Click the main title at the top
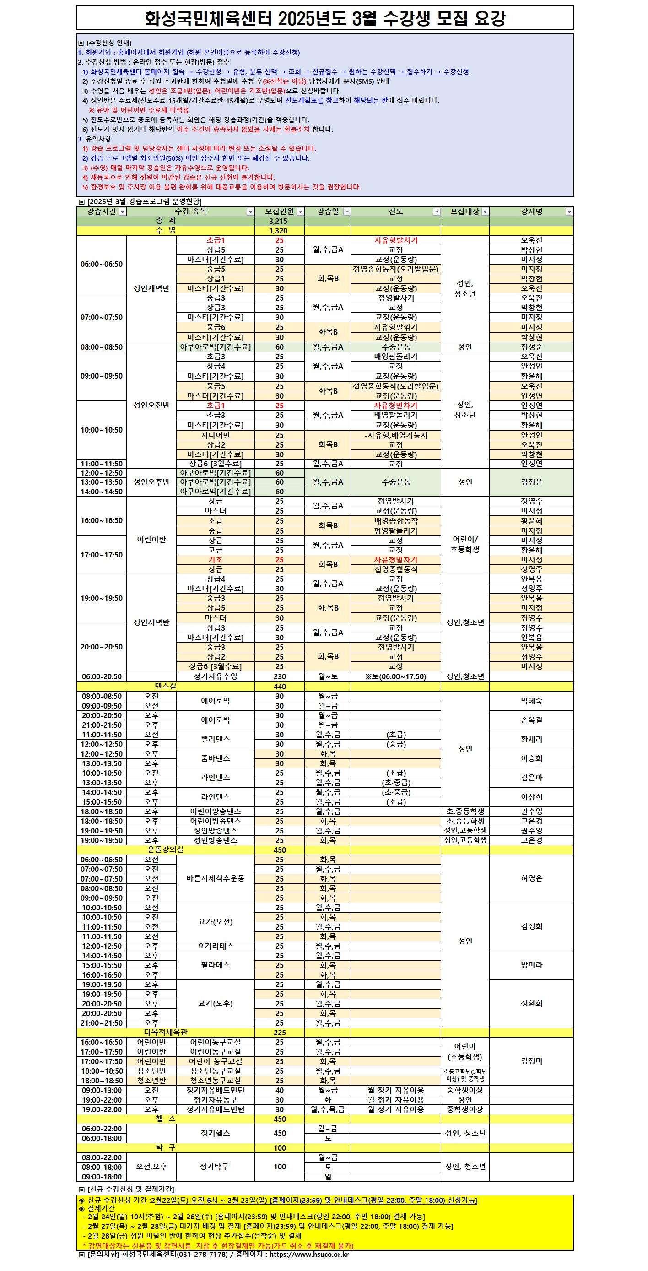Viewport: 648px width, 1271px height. pos(324,18)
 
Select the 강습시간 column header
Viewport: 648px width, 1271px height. pos(101,211)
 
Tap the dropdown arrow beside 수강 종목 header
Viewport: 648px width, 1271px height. pos(250,211)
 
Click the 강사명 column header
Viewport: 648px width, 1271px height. pos(531,211)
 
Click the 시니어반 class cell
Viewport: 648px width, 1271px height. pos(216,435)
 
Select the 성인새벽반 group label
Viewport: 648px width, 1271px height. pos(151,288)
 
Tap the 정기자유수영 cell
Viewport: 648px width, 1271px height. pos(216,676)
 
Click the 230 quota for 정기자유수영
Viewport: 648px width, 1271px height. pos(280,676)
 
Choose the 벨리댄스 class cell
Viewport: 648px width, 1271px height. pos(216,739)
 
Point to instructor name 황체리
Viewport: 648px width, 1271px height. pos(531,739)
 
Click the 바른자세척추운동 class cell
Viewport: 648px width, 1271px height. pos(216,878)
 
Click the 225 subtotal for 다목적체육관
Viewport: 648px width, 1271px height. pos(280,1032)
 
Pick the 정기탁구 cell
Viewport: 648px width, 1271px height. pos(214,1166)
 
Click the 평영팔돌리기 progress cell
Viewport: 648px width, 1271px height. pos(395,531)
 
